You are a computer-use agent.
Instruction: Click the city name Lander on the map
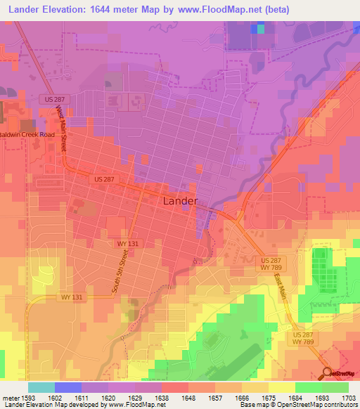180,200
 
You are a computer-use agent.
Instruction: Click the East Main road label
282,287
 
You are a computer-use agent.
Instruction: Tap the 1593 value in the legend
28,396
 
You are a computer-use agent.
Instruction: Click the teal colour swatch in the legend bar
41,387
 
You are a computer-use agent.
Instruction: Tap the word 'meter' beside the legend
9,396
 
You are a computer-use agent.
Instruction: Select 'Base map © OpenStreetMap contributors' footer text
299,405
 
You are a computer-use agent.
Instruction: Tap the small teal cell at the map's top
262,29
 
